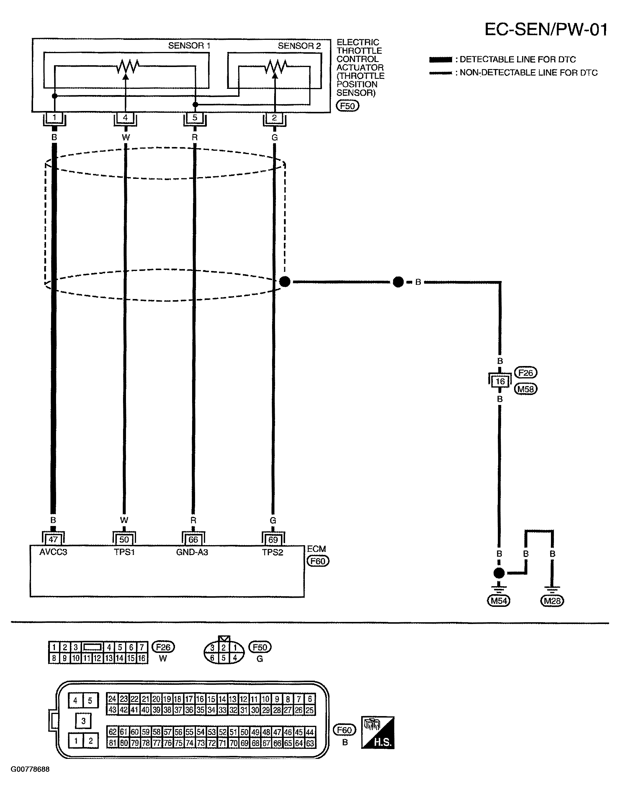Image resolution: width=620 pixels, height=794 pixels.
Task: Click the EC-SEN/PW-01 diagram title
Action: (x=546, y=30)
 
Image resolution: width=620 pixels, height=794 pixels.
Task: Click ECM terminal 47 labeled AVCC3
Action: (x=53, y=540)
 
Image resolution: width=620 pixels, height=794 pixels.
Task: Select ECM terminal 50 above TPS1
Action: (x=124, y=540)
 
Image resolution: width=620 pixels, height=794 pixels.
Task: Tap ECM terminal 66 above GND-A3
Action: (x=193, y=540)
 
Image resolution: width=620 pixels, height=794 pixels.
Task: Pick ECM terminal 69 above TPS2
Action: (x=273, y=540)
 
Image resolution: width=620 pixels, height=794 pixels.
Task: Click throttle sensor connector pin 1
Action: (x=54, y=118)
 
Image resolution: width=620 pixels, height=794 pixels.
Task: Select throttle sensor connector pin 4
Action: (x=125, y=118)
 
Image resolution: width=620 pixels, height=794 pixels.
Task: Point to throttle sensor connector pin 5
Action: (x=195, y=118)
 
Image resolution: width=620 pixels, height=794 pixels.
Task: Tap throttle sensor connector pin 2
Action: (x=274, y=118)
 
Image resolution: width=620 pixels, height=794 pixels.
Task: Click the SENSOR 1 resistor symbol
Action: (x=127, y=66)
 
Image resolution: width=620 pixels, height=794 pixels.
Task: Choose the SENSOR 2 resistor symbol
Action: (x=276, y=66)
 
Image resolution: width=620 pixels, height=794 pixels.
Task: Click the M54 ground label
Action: (x=499, y=601)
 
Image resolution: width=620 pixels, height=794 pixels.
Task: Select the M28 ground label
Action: (x=552, y=601)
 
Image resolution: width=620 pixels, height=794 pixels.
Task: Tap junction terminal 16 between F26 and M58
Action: (x=500, y=381)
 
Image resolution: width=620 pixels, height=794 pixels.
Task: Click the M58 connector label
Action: (x=526, y=389)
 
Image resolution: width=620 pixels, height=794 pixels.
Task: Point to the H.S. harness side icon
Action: (x=378, y=733)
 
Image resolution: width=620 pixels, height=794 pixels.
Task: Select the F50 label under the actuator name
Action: (x=347, y=106)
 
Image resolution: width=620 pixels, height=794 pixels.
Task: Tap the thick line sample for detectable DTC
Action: (x=441, y=60)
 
